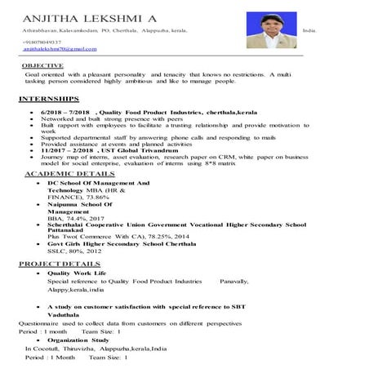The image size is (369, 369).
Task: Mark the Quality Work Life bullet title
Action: point(78,273)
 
